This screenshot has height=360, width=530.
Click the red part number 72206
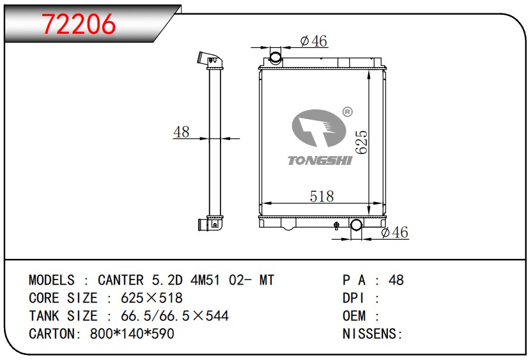click(79, 24)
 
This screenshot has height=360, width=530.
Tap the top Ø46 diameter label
click(313, 41)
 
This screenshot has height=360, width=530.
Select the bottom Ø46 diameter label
click(394, 232)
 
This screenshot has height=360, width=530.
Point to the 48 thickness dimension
click(182, 132)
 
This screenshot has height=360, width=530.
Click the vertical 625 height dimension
click(361, 143)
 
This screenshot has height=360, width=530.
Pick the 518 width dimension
click(322, 196)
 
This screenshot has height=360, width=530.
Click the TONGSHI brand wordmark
click(320, 160)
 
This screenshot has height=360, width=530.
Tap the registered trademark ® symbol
click(348, 112)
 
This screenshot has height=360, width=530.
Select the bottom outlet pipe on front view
click(356, 225)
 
